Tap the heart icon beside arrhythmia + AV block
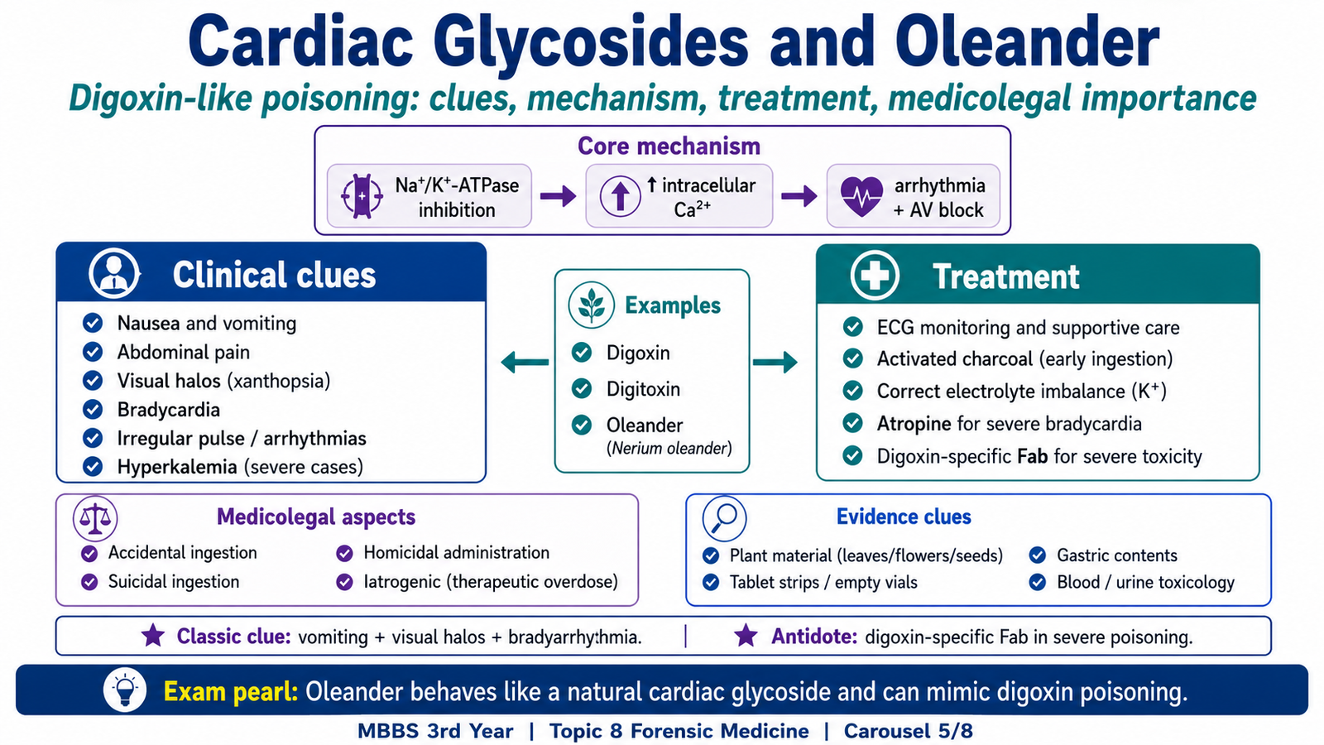861,196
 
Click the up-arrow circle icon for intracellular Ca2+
620,195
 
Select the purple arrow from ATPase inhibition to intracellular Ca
558,195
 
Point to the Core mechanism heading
669,146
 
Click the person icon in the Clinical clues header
114,274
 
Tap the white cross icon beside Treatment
875,276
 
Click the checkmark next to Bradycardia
92,409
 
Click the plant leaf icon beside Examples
591,305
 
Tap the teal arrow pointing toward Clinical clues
525,362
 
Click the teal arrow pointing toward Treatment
775,362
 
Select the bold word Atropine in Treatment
914,424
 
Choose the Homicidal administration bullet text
456,553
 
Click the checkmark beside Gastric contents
1038,555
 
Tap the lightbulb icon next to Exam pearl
125,690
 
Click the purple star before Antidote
746,636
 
